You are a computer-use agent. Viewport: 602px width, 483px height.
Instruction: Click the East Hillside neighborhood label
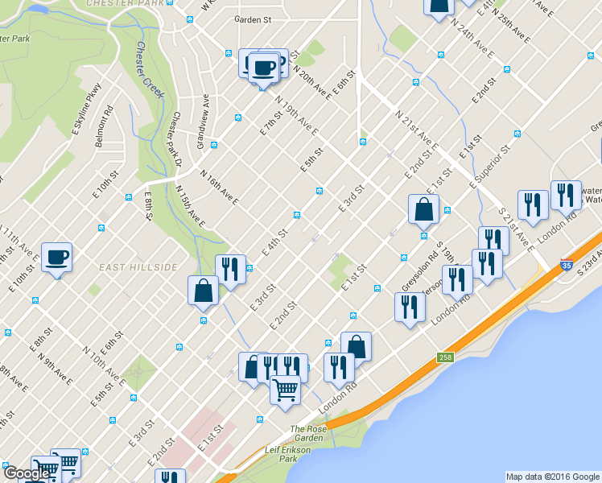point(138,266)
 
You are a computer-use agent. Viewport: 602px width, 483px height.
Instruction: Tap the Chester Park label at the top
point(130,3)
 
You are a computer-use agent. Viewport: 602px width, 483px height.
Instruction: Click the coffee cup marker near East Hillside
point(56,258)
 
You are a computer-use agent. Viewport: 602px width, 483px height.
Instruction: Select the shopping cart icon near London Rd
point(285,390)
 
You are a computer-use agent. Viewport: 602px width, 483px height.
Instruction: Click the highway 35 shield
point(567,265)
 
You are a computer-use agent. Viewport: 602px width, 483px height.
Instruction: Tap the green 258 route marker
point(445,357)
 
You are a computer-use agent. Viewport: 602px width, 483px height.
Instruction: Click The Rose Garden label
point(308,434)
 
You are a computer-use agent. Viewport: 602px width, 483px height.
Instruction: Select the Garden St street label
point(253,19)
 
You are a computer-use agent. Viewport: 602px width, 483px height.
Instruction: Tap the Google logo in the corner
point(27,473)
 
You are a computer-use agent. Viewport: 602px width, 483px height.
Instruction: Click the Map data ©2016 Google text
point(552,477)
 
